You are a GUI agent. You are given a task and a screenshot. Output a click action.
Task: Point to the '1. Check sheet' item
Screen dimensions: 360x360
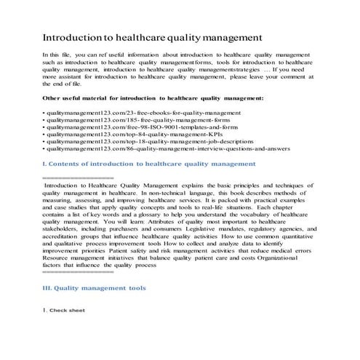coord(64,311)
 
